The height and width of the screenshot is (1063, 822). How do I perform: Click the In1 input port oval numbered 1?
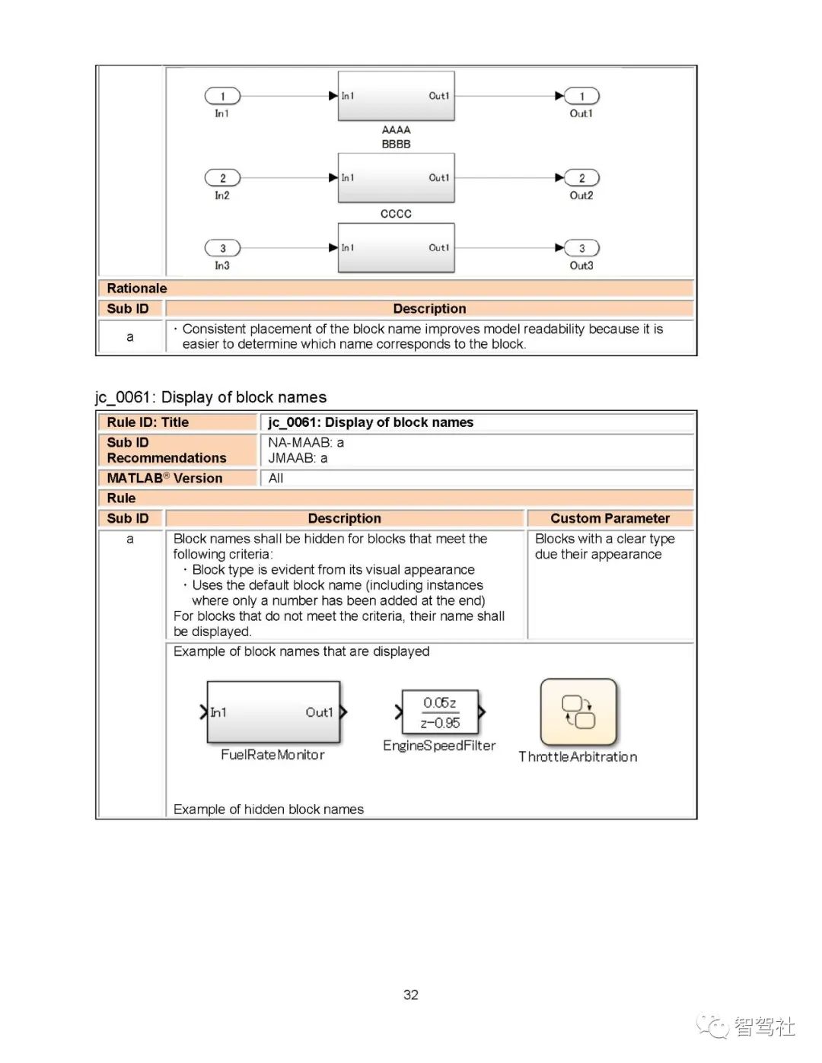(x=222, y=96)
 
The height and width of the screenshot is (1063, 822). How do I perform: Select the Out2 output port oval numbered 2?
(x=581, y=178)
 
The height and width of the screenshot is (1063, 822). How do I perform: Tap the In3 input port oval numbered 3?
(x=222, y=248)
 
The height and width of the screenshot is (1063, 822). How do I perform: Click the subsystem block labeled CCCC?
(x=396, y=178)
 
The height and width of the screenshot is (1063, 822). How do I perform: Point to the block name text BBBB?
(x=396, y=144)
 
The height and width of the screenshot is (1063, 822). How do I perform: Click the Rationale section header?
(x=137, y=288)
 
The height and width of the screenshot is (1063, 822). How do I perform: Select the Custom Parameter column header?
(x=610, y=518)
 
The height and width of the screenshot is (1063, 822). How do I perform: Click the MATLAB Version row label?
(x=165, y=478)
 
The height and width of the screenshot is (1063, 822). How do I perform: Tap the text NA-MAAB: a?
(x=306, y=442)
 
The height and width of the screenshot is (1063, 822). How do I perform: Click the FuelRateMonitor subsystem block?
(x=273, y=712)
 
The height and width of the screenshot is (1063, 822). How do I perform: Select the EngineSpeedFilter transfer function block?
(x=440, y=712)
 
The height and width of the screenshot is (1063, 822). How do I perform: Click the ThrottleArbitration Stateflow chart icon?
(x=578, y=712)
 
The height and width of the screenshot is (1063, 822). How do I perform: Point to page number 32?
(x=411, y=995)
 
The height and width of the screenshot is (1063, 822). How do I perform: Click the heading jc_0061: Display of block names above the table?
(x=211, y=397)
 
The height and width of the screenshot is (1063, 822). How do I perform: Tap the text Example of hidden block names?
(x=269, y=810)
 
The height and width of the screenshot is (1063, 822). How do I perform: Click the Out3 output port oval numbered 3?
(x=581, y=248)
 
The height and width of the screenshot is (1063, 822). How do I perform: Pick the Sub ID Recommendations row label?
(x=167, y=450)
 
